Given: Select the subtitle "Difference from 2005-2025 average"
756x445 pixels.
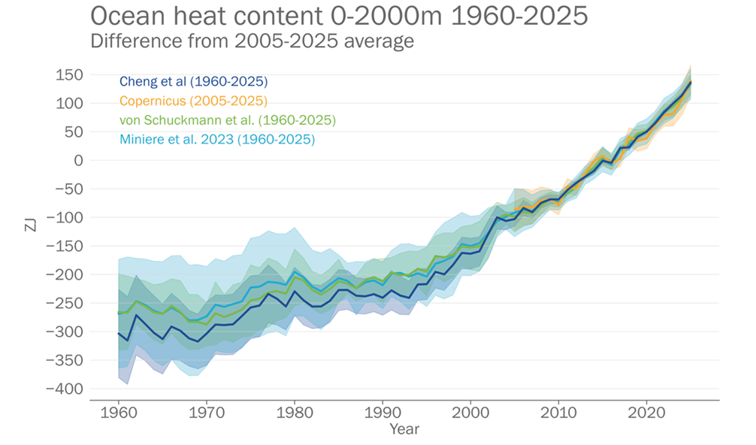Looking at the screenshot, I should (252, 41).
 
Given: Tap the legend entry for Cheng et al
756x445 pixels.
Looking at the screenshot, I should (193, 81).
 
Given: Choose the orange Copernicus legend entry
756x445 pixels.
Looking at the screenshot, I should (193, 101).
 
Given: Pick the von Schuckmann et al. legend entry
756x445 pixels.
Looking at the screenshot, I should (227, 120).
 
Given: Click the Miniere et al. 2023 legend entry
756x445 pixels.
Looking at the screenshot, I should (216, 140).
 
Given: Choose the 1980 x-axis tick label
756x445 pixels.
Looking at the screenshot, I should (295, 413).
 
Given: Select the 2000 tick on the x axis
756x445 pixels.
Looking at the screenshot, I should (470, 413).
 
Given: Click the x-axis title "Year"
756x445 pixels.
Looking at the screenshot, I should (404, 430).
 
